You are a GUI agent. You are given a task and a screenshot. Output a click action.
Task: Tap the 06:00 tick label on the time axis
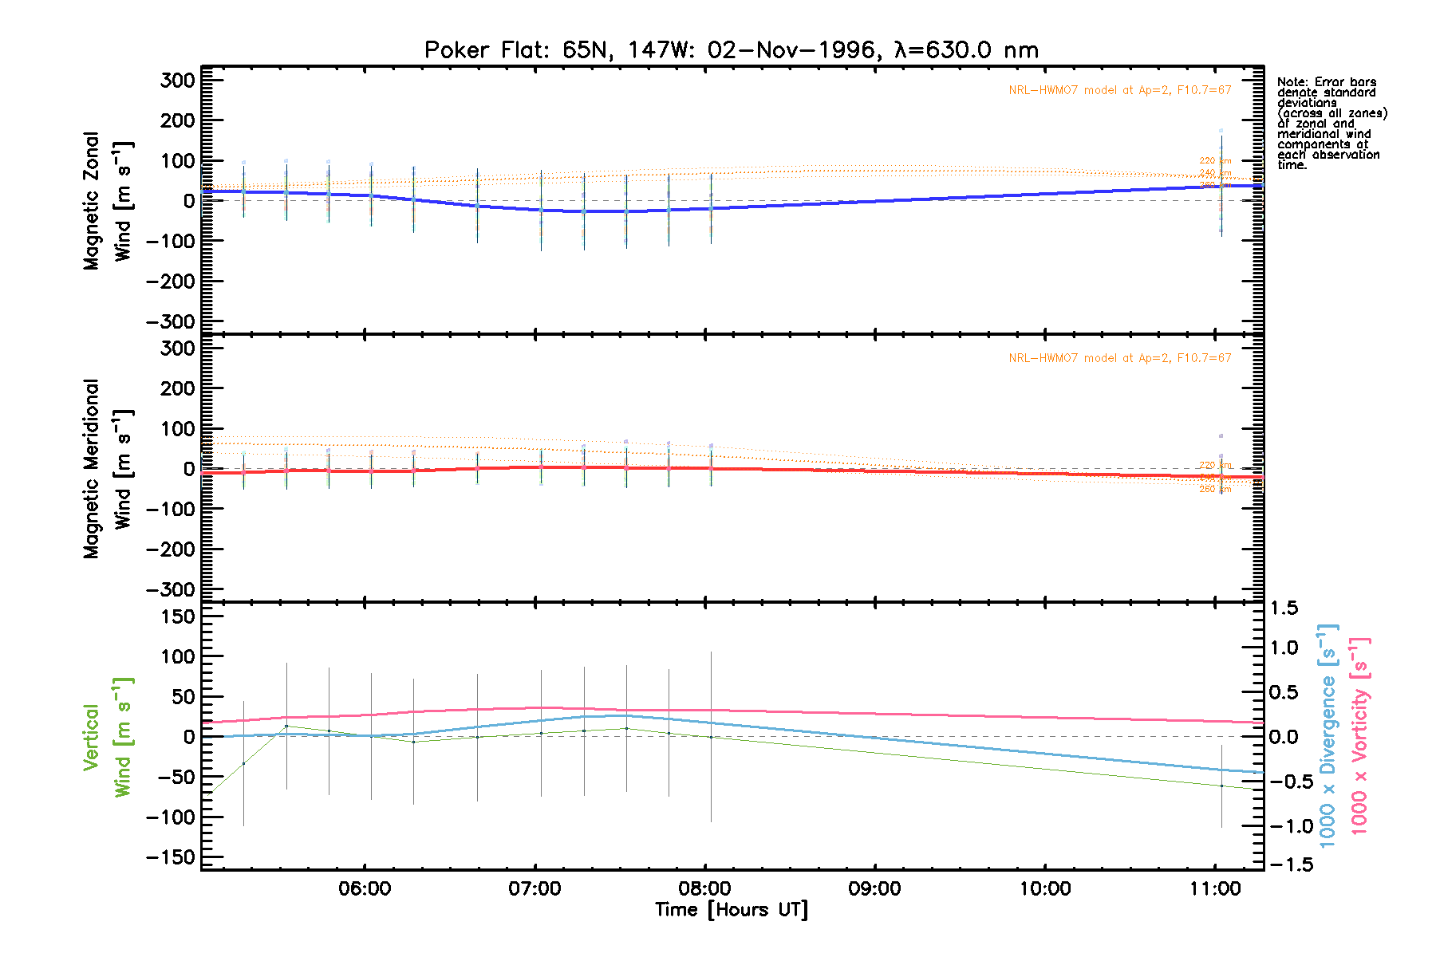[x=365, y=888]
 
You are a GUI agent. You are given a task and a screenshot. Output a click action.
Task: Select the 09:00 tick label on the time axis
[x=875, y=888]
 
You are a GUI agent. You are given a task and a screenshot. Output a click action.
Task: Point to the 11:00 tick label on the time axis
[x=1215, y=888]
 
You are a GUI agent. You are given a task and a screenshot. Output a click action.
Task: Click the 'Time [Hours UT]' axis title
[x=731, y=910]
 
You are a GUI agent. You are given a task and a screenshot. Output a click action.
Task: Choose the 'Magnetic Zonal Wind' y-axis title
[x=107, y=201]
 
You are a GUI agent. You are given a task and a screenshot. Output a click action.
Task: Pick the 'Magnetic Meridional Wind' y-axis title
[x=107, y=469]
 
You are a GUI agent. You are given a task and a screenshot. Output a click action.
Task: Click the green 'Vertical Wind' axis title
[x=107, y=737]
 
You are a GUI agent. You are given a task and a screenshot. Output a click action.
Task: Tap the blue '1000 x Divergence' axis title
[x=1328, y=735]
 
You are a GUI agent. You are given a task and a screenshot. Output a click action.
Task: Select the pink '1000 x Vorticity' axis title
[x=1359, y=735]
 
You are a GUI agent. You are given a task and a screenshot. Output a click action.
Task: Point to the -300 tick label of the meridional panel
[x=171, y=590]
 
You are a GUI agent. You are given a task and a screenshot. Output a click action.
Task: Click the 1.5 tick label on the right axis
[x=1284, y=608]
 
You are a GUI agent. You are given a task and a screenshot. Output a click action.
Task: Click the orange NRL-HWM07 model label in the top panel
[x=1119, y=90]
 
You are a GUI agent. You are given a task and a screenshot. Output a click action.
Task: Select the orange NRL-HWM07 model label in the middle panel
[x=1119, y=358]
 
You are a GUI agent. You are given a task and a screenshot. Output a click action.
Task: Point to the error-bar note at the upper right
[x=1331, y=124]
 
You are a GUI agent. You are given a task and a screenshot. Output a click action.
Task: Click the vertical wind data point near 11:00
[x=1221, y=786]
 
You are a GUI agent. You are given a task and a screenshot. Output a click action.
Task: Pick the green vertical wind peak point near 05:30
[x=286, y=726]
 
